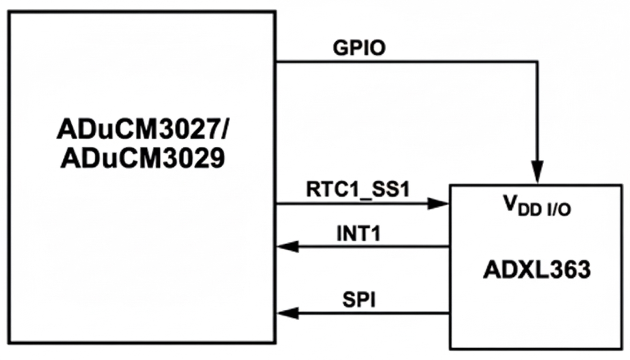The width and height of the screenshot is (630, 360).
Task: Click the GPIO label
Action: [x=360, y=48]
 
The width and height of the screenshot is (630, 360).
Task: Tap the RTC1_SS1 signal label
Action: [x=358, y=190]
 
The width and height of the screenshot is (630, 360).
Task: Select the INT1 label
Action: [x=359, y=233]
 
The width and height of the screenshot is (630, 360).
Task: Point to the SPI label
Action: [x=359, y=300]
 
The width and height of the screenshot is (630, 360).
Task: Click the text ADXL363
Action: [x=536, y=270]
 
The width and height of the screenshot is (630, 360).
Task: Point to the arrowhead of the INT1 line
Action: [x=287, y=246]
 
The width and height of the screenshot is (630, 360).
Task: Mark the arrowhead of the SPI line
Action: [x=287, y=313]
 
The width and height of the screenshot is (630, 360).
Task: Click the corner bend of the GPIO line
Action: [x=537, y=61]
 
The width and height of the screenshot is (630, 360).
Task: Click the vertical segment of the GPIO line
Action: [x=537, y=112]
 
